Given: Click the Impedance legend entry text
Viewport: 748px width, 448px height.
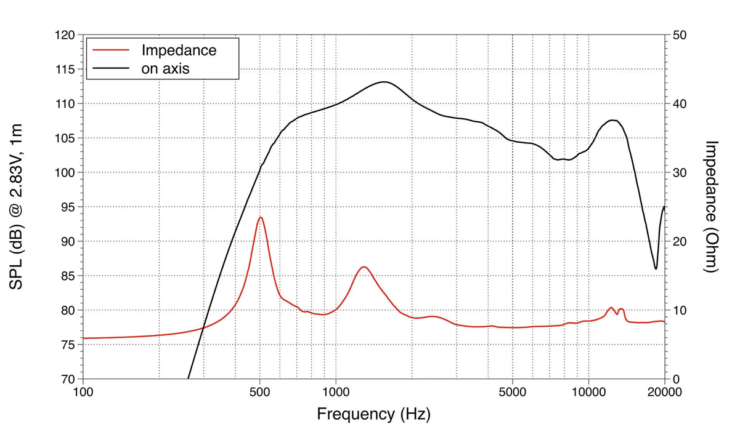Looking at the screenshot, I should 179,50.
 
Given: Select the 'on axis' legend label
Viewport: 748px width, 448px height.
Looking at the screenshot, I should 165,68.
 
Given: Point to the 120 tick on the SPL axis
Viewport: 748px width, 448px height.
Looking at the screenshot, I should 65,36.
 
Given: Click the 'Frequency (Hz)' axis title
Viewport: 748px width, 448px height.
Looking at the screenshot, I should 373,414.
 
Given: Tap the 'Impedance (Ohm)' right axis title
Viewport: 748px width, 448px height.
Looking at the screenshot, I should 712,207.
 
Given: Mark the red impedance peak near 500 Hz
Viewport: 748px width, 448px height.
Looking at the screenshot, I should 261,217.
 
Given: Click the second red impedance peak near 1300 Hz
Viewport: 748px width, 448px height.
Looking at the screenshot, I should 364,266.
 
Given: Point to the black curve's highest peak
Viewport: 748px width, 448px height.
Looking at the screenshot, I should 384,82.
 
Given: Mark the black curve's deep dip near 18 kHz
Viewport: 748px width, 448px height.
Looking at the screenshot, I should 656,269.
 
